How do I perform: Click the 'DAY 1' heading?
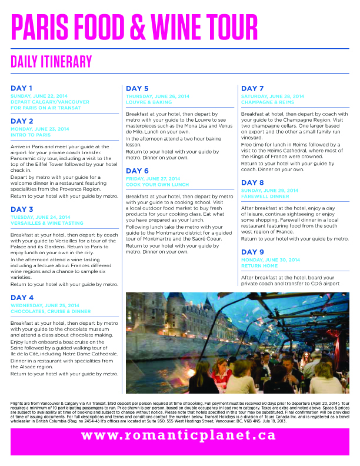point(21,88)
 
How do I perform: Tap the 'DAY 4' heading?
point(22,297)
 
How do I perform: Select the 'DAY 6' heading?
point(137,171)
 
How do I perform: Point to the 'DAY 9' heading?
point(252,252)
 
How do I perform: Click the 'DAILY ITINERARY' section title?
point(52,61)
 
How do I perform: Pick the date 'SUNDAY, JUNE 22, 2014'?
point(39,95)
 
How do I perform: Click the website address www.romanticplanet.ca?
point(178,435)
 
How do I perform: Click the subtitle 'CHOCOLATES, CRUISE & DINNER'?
point(50,311)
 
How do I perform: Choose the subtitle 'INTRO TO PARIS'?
point(34,134)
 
